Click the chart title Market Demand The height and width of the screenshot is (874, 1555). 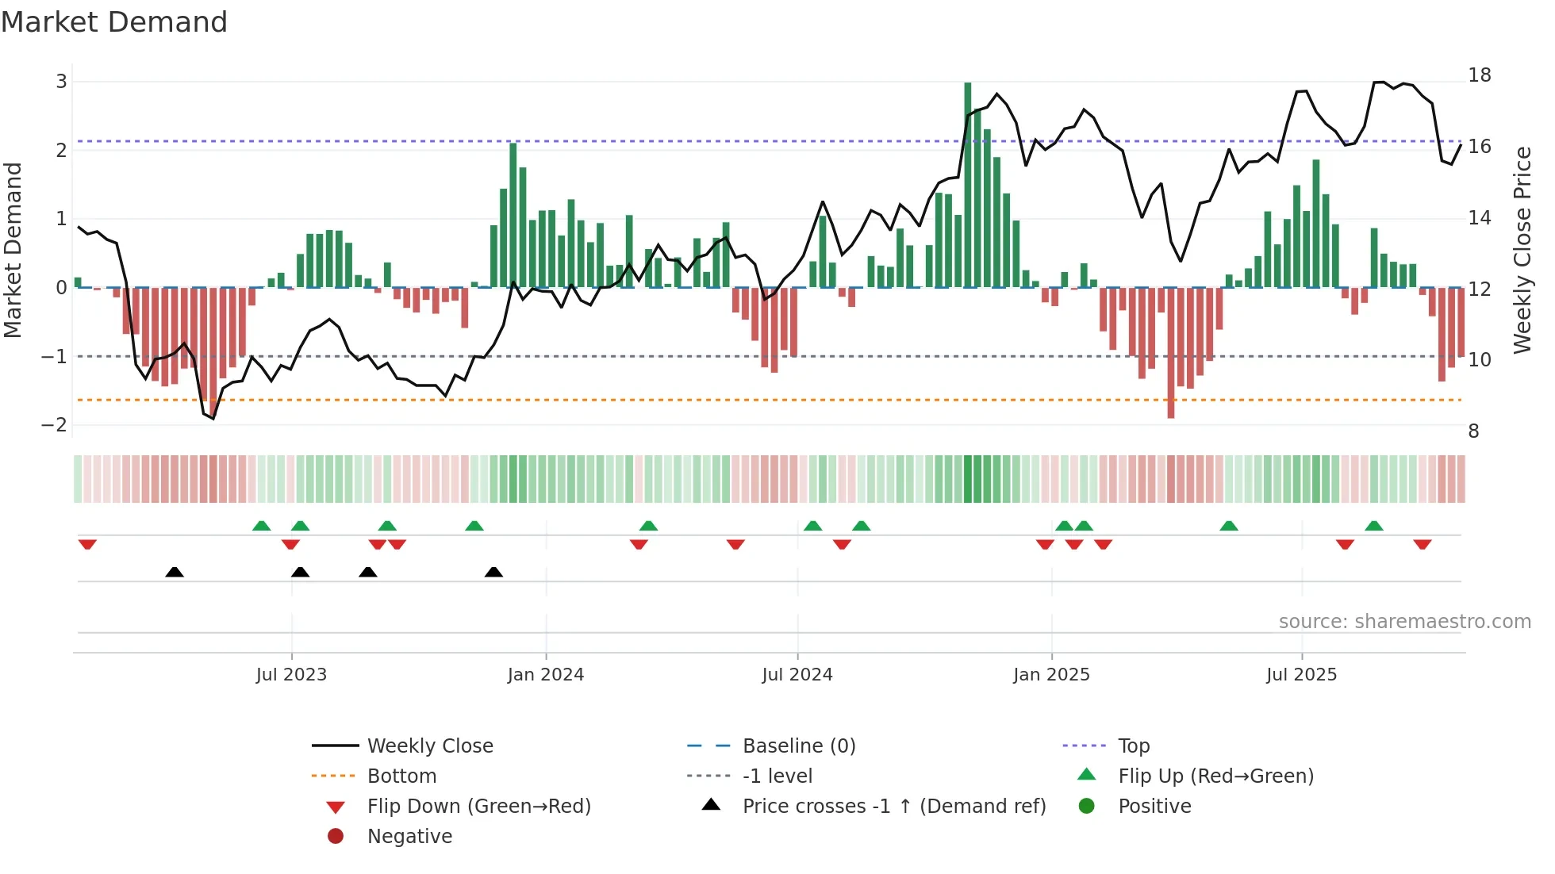(114, 22)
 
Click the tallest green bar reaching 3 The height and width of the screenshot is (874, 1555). (968, 182)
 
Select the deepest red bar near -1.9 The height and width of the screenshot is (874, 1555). (1171, 353)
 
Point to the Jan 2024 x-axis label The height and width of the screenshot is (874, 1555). (546, 675)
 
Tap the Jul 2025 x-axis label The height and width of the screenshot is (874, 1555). (1301, 675)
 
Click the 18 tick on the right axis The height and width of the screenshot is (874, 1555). (1480, 75)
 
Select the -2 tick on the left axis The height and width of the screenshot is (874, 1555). (55, 425)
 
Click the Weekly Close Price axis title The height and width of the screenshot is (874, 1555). (1522, 250)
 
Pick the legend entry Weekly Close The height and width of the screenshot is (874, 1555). (429, 746)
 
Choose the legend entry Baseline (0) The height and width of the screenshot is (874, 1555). (798, 746)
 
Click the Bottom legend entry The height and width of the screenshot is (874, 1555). (401, 776)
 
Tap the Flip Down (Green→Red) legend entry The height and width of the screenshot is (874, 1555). (478, 807)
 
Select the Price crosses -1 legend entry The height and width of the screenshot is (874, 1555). (893, 807)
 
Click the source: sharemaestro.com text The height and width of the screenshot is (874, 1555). (1404, 622)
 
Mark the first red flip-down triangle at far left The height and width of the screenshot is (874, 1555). (87, 544)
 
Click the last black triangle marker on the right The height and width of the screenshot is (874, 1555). (493, 572)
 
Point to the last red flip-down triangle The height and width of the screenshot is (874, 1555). (1422, 544)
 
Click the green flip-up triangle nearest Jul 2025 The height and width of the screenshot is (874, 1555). (1374, 526)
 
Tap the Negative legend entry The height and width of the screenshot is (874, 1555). (409, 837)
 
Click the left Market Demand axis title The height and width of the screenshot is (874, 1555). (13, 250)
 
